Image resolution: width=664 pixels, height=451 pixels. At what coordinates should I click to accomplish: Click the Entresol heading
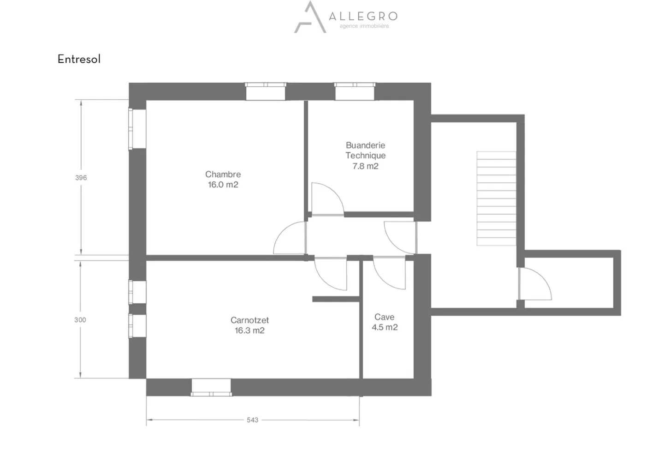79,59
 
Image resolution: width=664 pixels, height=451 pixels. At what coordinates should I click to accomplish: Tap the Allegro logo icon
310,18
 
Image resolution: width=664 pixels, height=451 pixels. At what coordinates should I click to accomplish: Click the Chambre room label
223,174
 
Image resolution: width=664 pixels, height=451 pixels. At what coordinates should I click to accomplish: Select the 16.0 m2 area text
223,185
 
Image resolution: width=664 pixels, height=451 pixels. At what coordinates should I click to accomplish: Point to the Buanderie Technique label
365,150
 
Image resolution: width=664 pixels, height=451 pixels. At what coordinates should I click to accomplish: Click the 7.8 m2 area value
365,166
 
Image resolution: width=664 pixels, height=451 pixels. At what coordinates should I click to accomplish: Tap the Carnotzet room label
249,320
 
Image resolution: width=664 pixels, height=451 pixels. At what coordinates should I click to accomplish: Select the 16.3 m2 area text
249,331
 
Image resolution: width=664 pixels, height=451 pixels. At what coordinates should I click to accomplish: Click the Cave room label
384,317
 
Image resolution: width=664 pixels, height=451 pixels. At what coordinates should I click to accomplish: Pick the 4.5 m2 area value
385,327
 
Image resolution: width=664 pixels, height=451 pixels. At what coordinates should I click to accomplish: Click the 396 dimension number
81,178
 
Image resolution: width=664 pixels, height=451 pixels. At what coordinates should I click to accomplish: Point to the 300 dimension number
80,319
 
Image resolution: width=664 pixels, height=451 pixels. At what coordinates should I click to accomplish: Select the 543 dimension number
252,420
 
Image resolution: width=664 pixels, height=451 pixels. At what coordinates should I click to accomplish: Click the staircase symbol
496,198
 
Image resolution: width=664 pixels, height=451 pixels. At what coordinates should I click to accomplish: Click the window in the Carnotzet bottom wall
211,387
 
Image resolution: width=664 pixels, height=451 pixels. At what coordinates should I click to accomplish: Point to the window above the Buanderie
354,91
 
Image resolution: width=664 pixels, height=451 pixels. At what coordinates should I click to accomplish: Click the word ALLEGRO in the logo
363,17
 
